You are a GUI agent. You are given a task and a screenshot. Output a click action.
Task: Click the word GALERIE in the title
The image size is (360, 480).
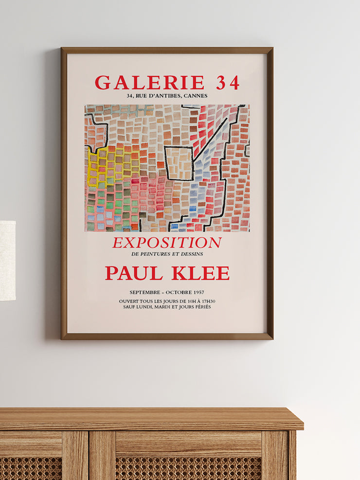[x=149, y=83]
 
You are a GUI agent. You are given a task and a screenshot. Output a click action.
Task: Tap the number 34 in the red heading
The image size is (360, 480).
[x=228, y=83]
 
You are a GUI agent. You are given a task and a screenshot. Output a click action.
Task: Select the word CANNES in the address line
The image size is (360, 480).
[x=196, y=96]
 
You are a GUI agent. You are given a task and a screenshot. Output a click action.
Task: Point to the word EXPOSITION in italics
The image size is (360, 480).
[x=167, y=243]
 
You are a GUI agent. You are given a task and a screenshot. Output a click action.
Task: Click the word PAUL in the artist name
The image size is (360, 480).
[x=134, y=273]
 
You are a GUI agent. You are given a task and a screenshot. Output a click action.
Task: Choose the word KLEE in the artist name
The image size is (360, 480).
[x=200, y=273]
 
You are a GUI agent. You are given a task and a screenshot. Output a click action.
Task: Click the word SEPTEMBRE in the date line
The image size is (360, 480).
[x=146, y=292]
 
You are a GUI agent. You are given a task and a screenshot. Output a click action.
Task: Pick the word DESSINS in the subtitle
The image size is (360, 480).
[x=193, y=254]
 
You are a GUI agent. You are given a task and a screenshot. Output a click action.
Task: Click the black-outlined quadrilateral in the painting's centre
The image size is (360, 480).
[x=179, y=162]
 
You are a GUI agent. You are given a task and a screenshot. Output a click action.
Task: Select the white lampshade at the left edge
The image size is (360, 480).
[x=7, y=260]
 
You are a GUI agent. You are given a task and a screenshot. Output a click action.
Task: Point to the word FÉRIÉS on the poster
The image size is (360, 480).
[x=200, y=307]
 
